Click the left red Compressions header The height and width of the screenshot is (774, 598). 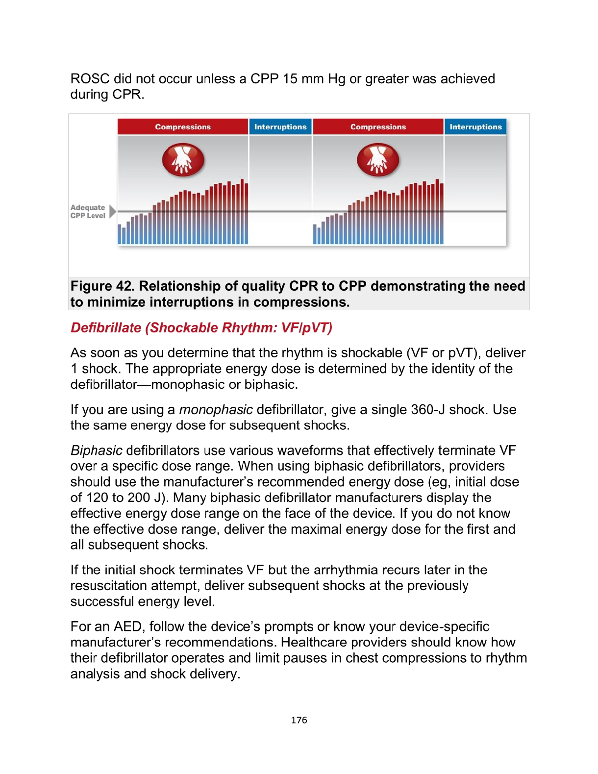(x=183, y=127)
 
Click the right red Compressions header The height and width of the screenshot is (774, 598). (x=378, y=127)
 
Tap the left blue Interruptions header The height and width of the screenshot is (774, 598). (x=280, y=127)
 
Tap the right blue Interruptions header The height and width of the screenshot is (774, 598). (x=475, y=127)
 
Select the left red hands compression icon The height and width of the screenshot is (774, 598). (x=183, y=160)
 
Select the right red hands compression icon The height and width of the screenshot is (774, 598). (x=378, y=160)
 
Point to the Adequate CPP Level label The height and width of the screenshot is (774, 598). (x=88, y=212)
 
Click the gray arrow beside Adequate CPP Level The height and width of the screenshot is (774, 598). (x=113, y=212)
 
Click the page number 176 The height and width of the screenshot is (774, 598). (x=299, y=720)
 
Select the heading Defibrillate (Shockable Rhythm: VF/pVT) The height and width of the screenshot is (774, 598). (x=201, y=327)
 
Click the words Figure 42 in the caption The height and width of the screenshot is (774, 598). (x=102, y=286)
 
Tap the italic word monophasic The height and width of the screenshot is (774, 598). (x=216, y=410)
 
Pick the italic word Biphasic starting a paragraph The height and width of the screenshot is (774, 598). (x=97, y=450)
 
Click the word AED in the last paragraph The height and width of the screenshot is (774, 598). (x=127, y=627)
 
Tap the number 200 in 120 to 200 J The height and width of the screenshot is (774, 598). (x=139, y=498)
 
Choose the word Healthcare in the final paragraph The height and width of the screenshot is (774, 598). (x=317, y=643)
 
